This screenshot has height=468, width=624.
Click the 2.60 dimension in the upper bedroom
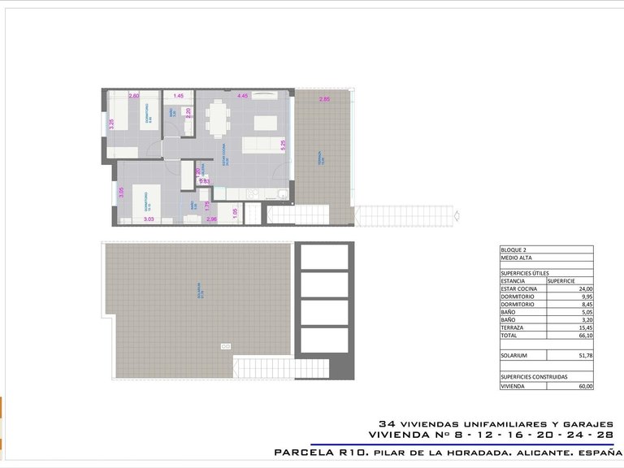(134, 97)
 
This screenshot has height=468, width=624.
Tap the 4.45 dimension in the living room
(242, 96)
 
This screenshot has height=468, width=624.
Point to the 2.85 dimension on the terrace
(324, 99)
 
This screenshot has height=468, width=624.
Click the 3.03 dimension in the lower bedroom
(149, 219)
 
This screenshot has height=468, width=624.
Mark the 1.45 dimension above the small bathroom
(178, 97)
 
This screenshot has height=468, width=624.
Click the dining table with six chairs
(216, 119)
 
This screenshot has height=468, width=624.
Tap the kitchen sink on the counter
(279, 193)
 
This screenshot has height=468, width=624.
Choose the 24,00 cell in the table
(583, 288)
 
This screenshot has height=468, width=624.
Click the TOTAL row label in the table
(509, 335)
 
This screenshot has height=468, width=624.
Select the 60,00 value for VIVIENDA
(583, 386)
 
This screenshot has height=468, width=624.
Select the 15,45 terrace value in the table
(583, 327)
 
